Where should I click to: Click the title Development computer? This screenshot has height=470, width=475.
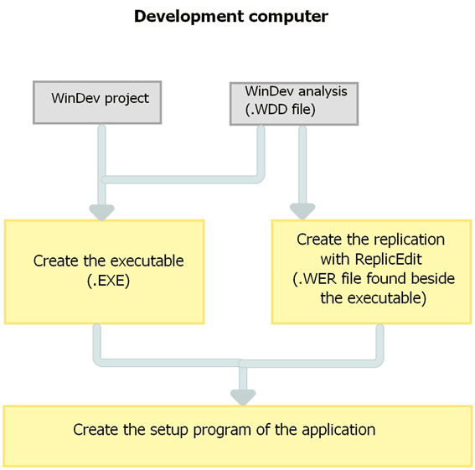tap(231, 17)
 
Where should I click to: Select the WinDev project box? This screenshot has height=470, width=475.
tap(97, 102)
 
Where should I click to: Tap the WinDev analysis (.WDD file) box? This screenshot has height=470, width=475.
tap(294, 104)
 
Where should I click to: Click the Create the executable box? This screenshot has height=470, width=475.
tap(105, 271)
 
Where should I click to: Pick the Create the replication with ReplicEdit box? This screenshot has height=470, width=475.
tap(371, 271)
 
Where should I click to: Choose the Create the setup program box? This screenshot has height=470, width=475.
tap(238, 436)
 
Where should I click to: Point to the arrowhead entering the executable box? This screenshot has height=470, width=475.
tap(102, 212)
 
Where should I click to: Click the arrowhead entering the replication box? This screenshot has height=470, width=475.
tap(302, 211)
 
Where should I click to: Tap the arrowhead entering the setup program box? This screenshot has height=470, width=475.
tap(243, 398)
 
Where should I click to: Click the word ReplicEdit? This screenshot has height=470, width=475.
tap(388, 260)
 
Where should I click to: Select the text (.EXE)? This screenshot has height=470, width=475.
tap(108, 281)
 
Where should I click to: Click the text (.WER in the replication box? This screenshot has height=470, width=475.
tap(315, 279)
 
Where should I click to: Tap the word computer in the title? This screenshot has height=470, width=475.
tap(289, 18)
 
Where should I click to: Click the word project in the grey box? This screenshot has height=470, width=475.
tap(127, 99)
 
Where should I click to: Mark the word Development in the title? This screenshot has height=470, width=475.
tap(189, 17)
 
